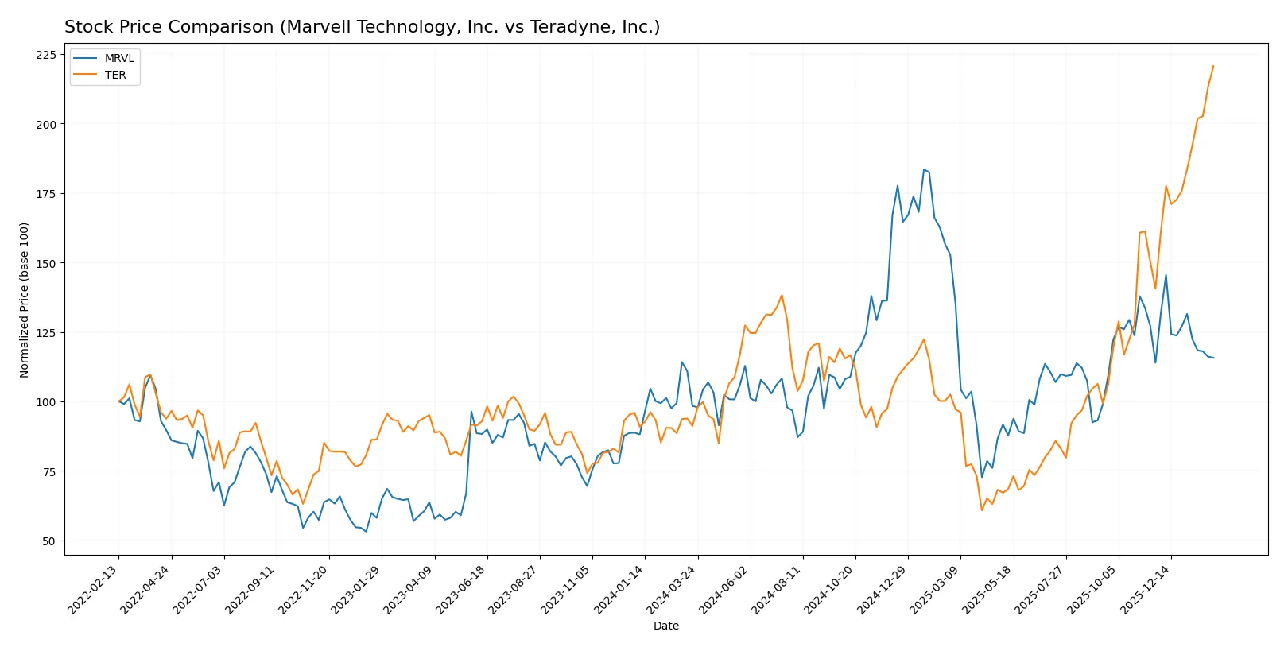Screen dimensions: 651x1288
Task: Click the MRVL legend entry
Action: point(118,58)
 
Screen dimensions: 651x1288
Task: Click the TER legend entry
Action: point(115,75)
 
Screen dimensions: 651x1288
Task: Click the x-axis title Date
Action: point(665,626)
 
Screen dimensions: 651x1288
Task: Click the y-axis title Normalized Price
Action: point(25,300)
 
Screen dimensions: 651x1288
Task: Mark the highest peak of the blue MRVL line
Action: point(924,169)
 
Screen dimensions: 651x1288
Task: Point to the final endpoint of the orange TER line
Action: point(1213,66)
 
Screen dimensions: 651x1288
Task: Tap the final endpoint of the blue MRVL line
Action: point(1213,358)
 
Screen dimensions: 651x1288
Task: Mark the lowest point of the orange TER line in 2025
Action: point(982,510)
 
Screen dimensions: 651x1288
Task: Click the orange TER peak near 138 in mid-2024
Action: point(782,296)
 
